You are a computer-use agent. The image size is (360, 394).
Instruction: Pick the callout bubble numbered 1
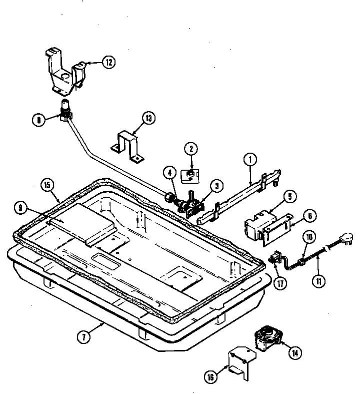click(x=250, y=161)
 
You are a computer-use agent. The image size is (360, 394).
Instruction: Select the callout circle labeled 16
click(x=211, y=375)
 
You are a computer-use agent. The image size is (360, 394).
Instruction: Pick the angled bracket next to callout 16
click(x=241, y=361)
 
